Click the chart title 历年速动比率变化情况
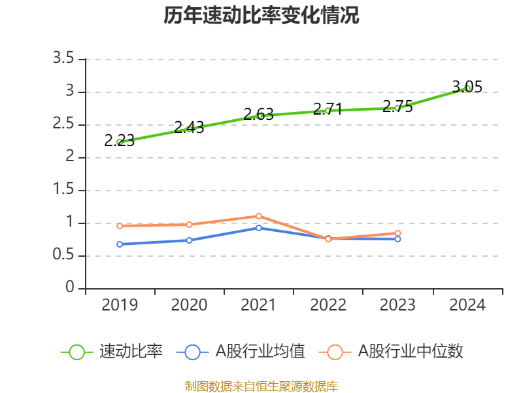click(x=261, y=16)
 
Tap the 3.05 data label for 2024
click(x=467, y=86)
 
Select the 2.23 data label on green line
click(x=120, y=140)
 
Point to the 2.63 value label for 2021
click(x=259, y=115)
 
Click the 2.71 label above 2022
click(x=328, y=109)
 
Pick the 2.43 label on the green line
click(x=189, y=128)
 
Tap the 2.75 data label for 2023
click(x=397, y=107)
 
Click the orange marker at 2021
click(x=259, y=216)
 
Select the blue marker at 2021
click(x=259, y=228)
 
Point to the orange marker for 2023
click(x=397, y=233)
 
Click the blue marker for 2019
click(x=120, y=244)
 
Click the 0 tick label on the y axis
click(x=71, y=289)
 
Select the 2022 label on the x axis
click(x=328, y=305)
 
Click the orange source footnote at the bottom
click(x=261, y=386)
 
